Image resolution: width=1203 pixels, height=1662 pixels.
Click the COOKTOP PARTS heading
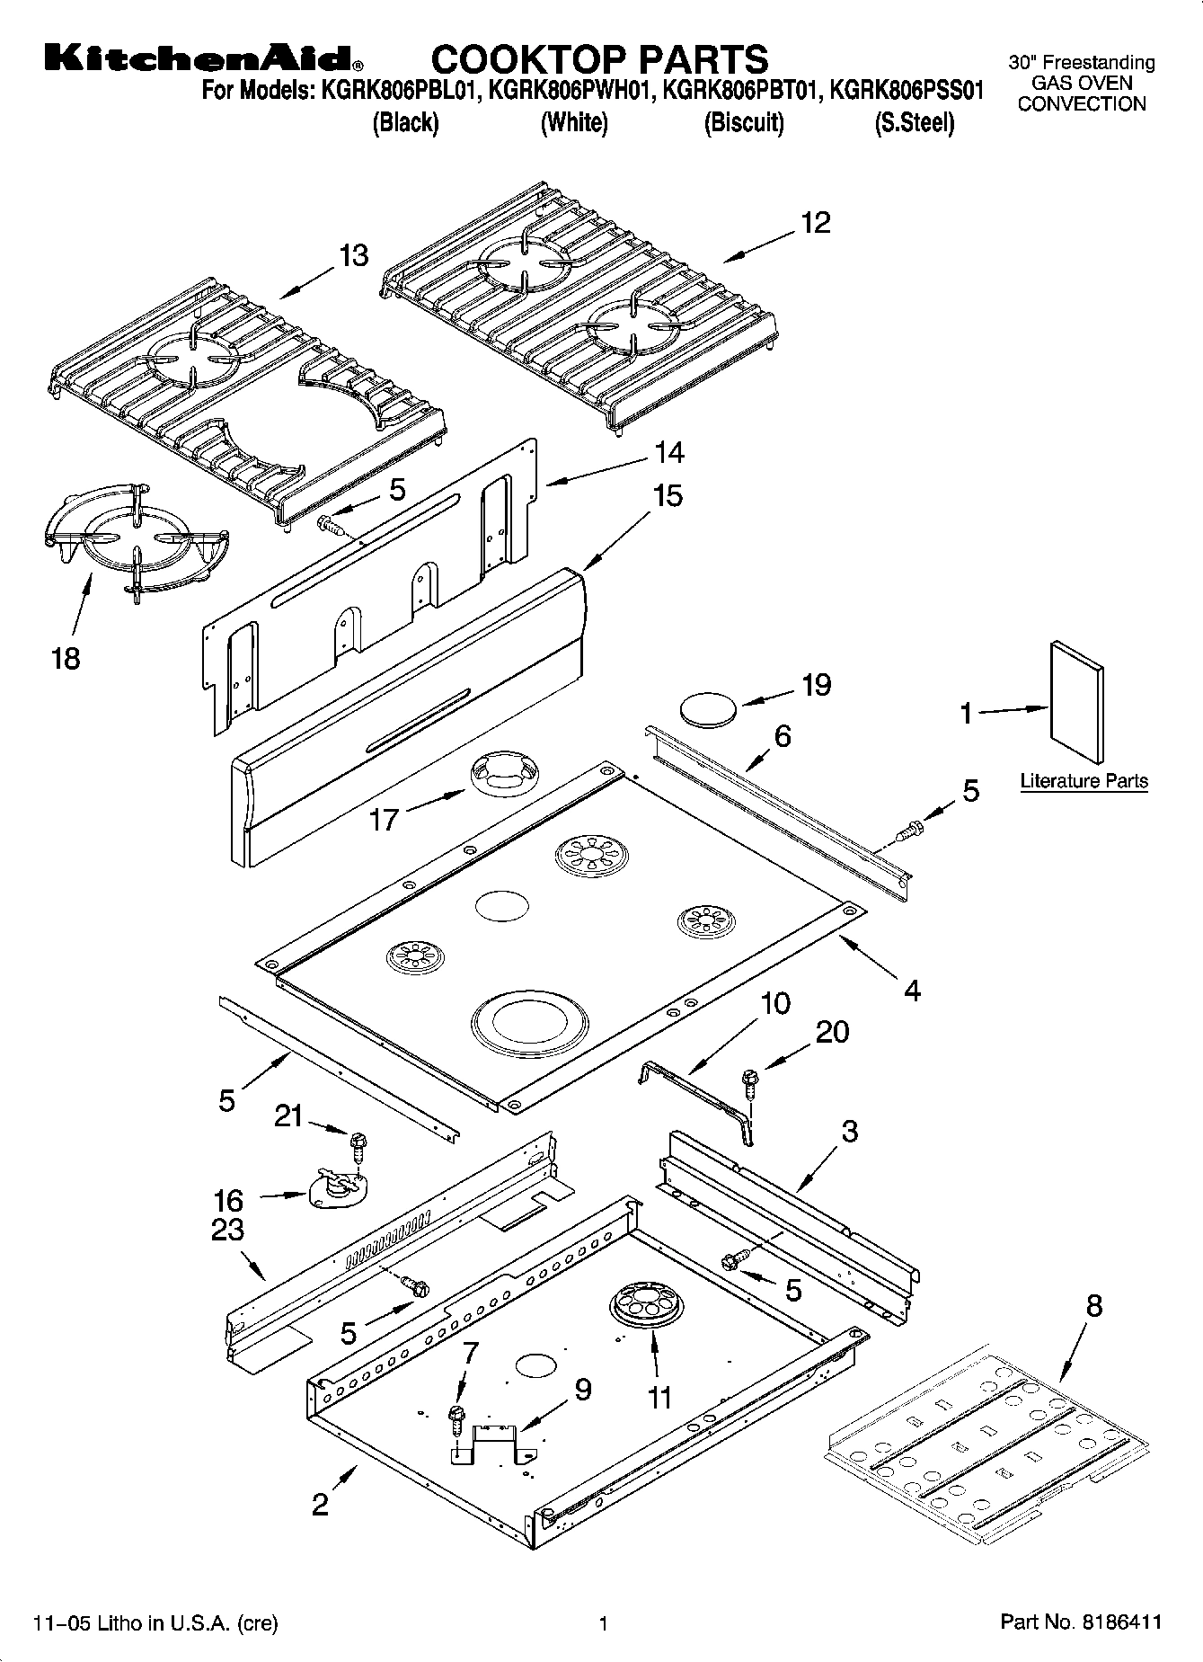click(x=599, y=59)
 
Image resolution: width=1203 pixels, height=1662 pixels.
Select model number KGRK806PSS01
click(x=907, y=91)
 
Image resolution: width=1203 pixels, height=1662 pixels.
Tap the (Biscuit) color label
click(x=743, y=123)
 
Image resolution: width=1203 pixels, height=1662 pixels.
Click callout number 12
click(x=815, y=222)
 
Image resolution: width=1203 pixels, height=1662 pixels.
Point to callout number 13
click(x=353, y=255)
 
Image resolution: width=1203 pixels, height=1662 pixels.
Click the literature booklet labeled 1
click(x=1076, y=702)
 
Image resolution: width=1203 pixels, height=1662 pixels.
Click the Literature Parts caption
click(x=1084, y=781)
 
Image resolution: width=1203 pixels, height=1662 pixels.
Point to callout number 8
click(x=1093, y=1304)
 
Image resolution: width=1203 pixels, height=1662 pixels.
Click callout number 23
click(x=226, y=1228)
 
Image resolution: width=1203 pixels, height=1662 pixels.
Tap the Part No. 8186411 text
click(x=1081, y=1622)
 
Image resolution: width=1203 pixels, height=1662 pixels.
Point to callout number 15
click(x=668, y=495)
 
